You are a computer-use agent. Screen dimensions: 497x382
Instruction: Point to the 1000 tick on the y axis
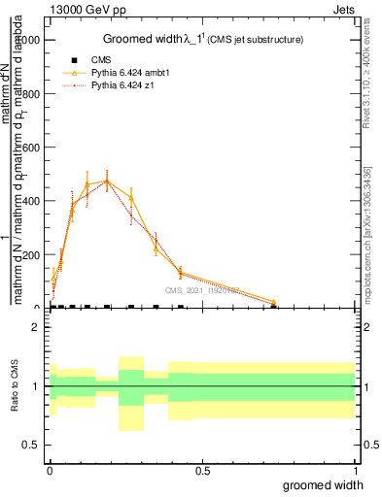point(30,40)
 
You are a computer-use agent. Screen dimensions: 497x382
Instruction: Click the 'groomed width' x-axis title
point(323,484)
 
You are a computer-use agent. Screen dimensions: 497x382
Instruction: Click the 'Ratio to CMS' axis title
point(15,386)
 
